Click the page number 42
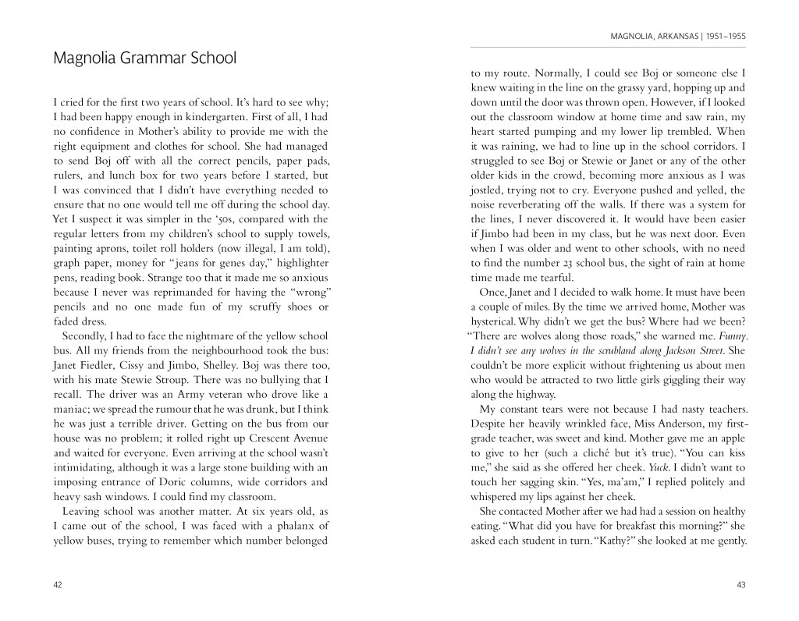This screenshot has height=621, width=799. click(58, 585)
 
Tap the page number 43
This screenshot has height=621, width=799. click(740, 585)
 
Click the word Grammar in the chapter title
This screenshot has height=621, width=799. click(148, 59)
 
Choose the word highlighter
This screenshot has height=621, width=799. click(299, 263)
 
